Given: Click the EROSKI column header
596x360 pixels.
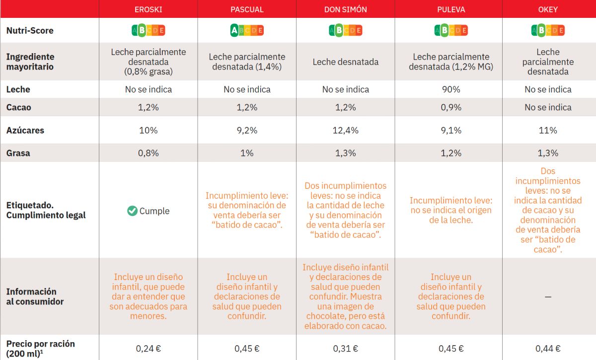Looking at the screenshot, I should (x=148, y=9).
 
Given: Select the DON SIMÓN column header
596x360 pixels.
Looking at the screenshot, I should (x=346, y=9).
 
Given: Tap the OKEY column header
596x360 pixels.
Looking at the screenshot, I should (x=548, y=9).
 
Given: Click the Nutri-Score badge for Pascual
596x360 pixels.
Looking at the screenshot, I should (x=247, y=31).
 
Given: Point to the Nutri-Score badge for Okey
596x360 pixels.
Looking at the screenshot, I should (x=548, y=31).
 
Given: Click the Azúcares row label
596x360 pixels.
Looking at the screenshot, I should (x=25, y=131).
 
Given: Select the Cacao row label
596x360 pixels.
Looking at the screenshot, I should (x=18, y=107).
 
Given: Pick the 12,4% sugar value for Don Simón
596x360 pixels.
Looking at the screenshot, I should (x=346, y=131).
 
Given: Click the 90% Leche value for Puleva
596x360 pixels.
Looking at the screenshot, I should (x=451, y=90).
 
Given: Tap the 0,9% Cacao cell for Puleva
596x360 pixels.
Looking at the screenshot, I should (x=451, y=107).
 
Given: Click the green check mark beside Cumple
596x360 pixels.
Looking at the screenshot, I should (x=132, y=211).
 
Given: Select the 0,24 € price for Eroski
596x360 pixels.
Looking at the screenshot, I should (x=148, y=349).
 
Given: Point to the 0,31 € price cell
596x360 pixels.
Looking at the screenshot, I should (x=346, y=349).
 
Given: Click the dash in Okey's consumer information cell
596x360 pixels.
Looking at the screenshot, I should (x=548, y=296).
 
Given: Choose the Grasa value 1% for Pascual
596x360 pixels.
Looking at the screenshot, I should (x=247, y=153).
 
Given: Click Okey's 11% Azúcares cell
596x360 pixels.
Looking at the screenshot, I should (x=548, y=131).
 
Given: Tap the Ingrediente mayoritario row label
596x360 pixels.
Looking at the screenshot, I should (x=30, y=62).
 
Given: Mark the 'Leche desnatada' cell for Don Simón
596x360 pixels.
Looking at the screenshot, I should (x=346, y=62).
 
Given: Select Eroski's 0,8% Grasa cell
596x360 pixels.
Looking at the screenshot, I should (x=148, y=153).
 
